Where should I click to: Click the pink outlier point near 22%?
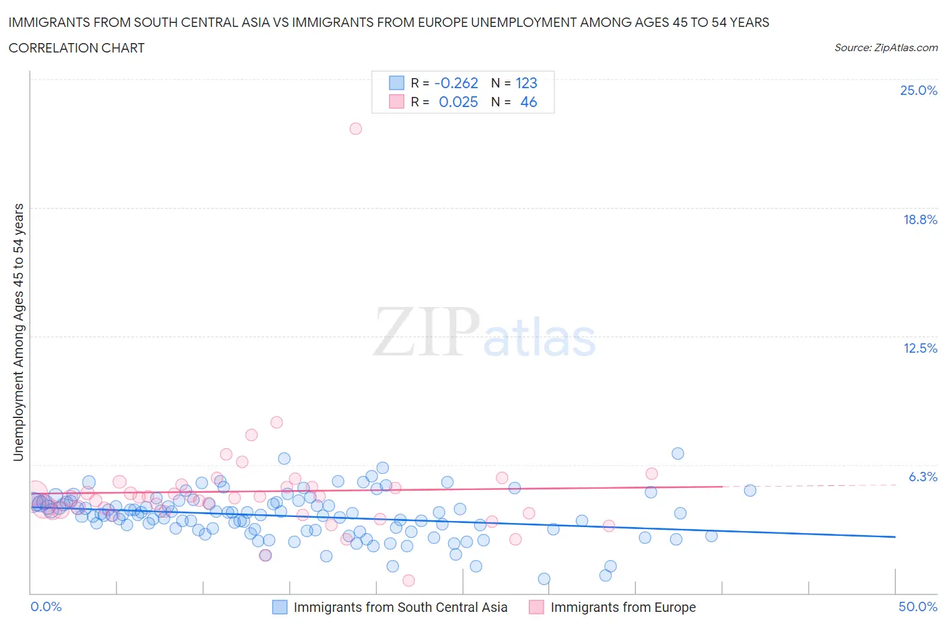pos(356,129)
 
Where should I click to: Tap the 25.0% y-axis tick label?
pos(918,91)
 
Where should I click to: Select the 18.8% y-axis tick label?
pos(920,219)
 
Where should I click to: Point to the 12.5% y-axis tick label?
pos(920,348)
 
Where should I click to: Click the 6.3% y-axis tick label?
pos(922,477)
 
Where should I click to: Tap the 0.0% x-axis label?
pos(46,606)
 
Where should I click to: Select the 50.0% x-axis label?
pos(918,606)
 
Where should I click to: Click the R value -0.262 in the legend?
pos(456,83)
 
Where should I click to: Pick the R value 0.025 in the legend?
pos(458,102)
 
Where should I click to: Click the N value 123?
pos(526,83)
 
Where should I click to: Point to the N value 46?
pos(529,102)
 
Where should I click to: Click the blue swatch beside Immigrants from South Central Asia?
pos(279,607)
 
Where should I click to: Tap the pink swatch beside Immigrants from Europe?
pos(536,607)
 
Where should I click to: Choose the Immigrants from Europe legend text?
pos(623,607)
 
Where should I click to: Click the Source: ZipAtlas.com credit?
pos(885,47)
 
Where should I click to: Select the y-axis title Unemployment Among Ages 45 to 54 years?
pos(18,332)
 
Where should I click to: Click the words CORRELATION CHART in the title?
pos(76,48)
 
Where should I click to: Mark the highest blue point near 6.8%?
pos(678,454)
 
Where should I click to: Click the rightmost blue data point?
pos(750,491)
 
